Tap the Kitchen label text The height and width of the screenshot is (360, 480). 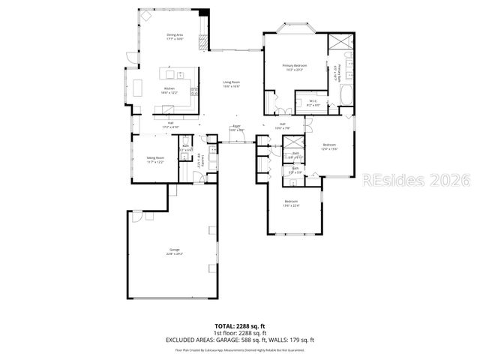[x=170, y=89]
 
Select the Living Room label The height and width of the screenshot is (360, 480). [x=231, y=84]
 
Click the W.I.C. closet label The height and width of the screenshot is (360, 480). [x=314, y=103]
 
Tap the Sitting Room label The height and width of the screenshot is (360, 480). [x=155, y=160]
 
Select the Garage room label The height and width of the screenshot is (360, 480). [x=175, y=252]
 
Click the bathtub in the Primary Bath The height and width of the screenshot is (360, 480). [x=347, y=96]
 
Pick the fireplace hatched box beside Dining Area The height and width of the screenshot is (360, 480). [x=202, y=41]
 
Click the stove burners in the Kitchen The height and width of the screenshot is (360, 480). [x=195, y=92]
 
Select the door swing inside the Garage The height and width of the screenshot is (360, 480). [x=139, y=218]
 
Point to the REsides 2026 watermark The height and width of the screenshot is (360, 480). [x=415, y=181]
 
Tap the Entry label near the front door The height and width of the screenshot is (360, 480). [x=236, y=127]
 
